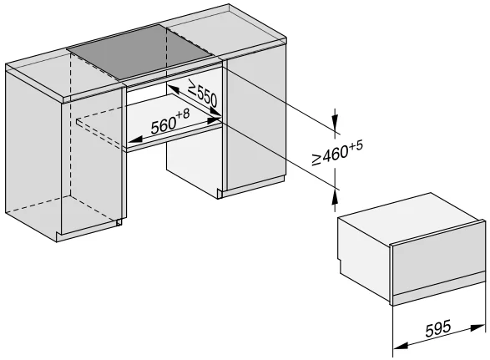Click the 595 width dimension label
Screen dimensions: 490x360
tap(438, 328)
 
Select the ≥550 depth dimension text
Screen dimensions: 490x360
tap(203, 93)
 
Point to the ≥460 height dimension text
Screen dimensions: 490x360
tap(330, 155)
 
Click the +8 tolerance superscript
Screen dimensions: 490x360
tap(183, 114)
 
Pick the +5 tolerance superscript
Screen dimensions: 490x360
tap(356, 145)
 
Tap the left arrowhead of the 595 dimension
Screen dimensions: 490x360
tap(401, 346)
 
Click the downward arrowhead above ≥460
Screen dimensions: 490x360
tap(335, 120)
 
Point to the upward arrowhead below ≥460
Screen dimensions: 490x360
tap(335, 196)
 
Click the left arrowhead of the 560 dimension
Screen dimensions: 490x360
tap(135, 139)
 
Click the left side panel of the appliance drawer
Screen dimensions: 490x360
tap(364, 253)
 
